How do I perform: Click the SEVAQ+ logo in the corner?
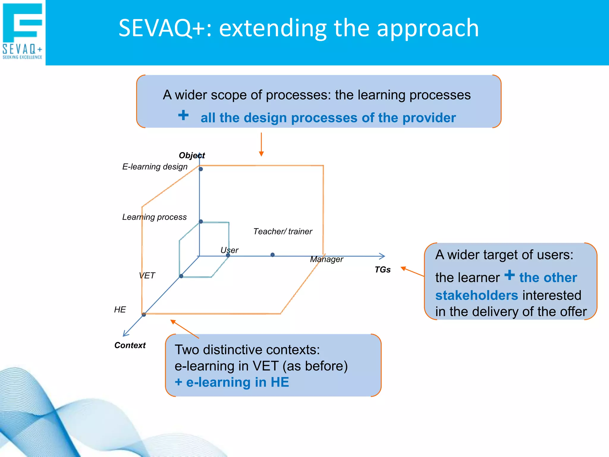pos(23,31)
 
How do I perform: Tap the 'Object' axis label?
pos(192,155)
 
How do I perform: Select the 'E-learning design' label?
pos(155,167)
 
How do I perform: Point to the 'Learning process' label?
pos(154,217)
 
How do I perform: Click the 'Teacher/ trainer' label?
pos(282,231)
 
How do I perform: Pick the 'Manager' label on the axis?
pos(326,259)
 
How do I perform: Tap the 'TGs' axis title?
pos(382,270)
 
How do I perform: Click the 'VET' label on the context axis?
pos(147,276)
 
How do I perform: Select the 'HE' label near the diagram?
pos(120,310)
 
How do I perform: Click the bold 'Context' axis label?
pos(130,345)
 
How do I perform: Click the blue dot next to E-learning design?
pos(201,169)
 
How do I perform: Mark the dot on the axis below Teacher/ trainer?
pos(272,255)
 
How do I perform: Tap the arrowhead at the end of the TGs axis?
pos(382,256)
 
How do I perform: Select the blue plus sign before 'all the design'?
pos(183,115)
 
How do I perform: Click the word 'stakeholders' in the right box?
pos(476,295)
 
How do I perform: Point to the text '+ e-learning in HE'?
pos(232,382)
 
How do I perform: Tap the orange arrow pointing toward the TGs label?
pos(412,272)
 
